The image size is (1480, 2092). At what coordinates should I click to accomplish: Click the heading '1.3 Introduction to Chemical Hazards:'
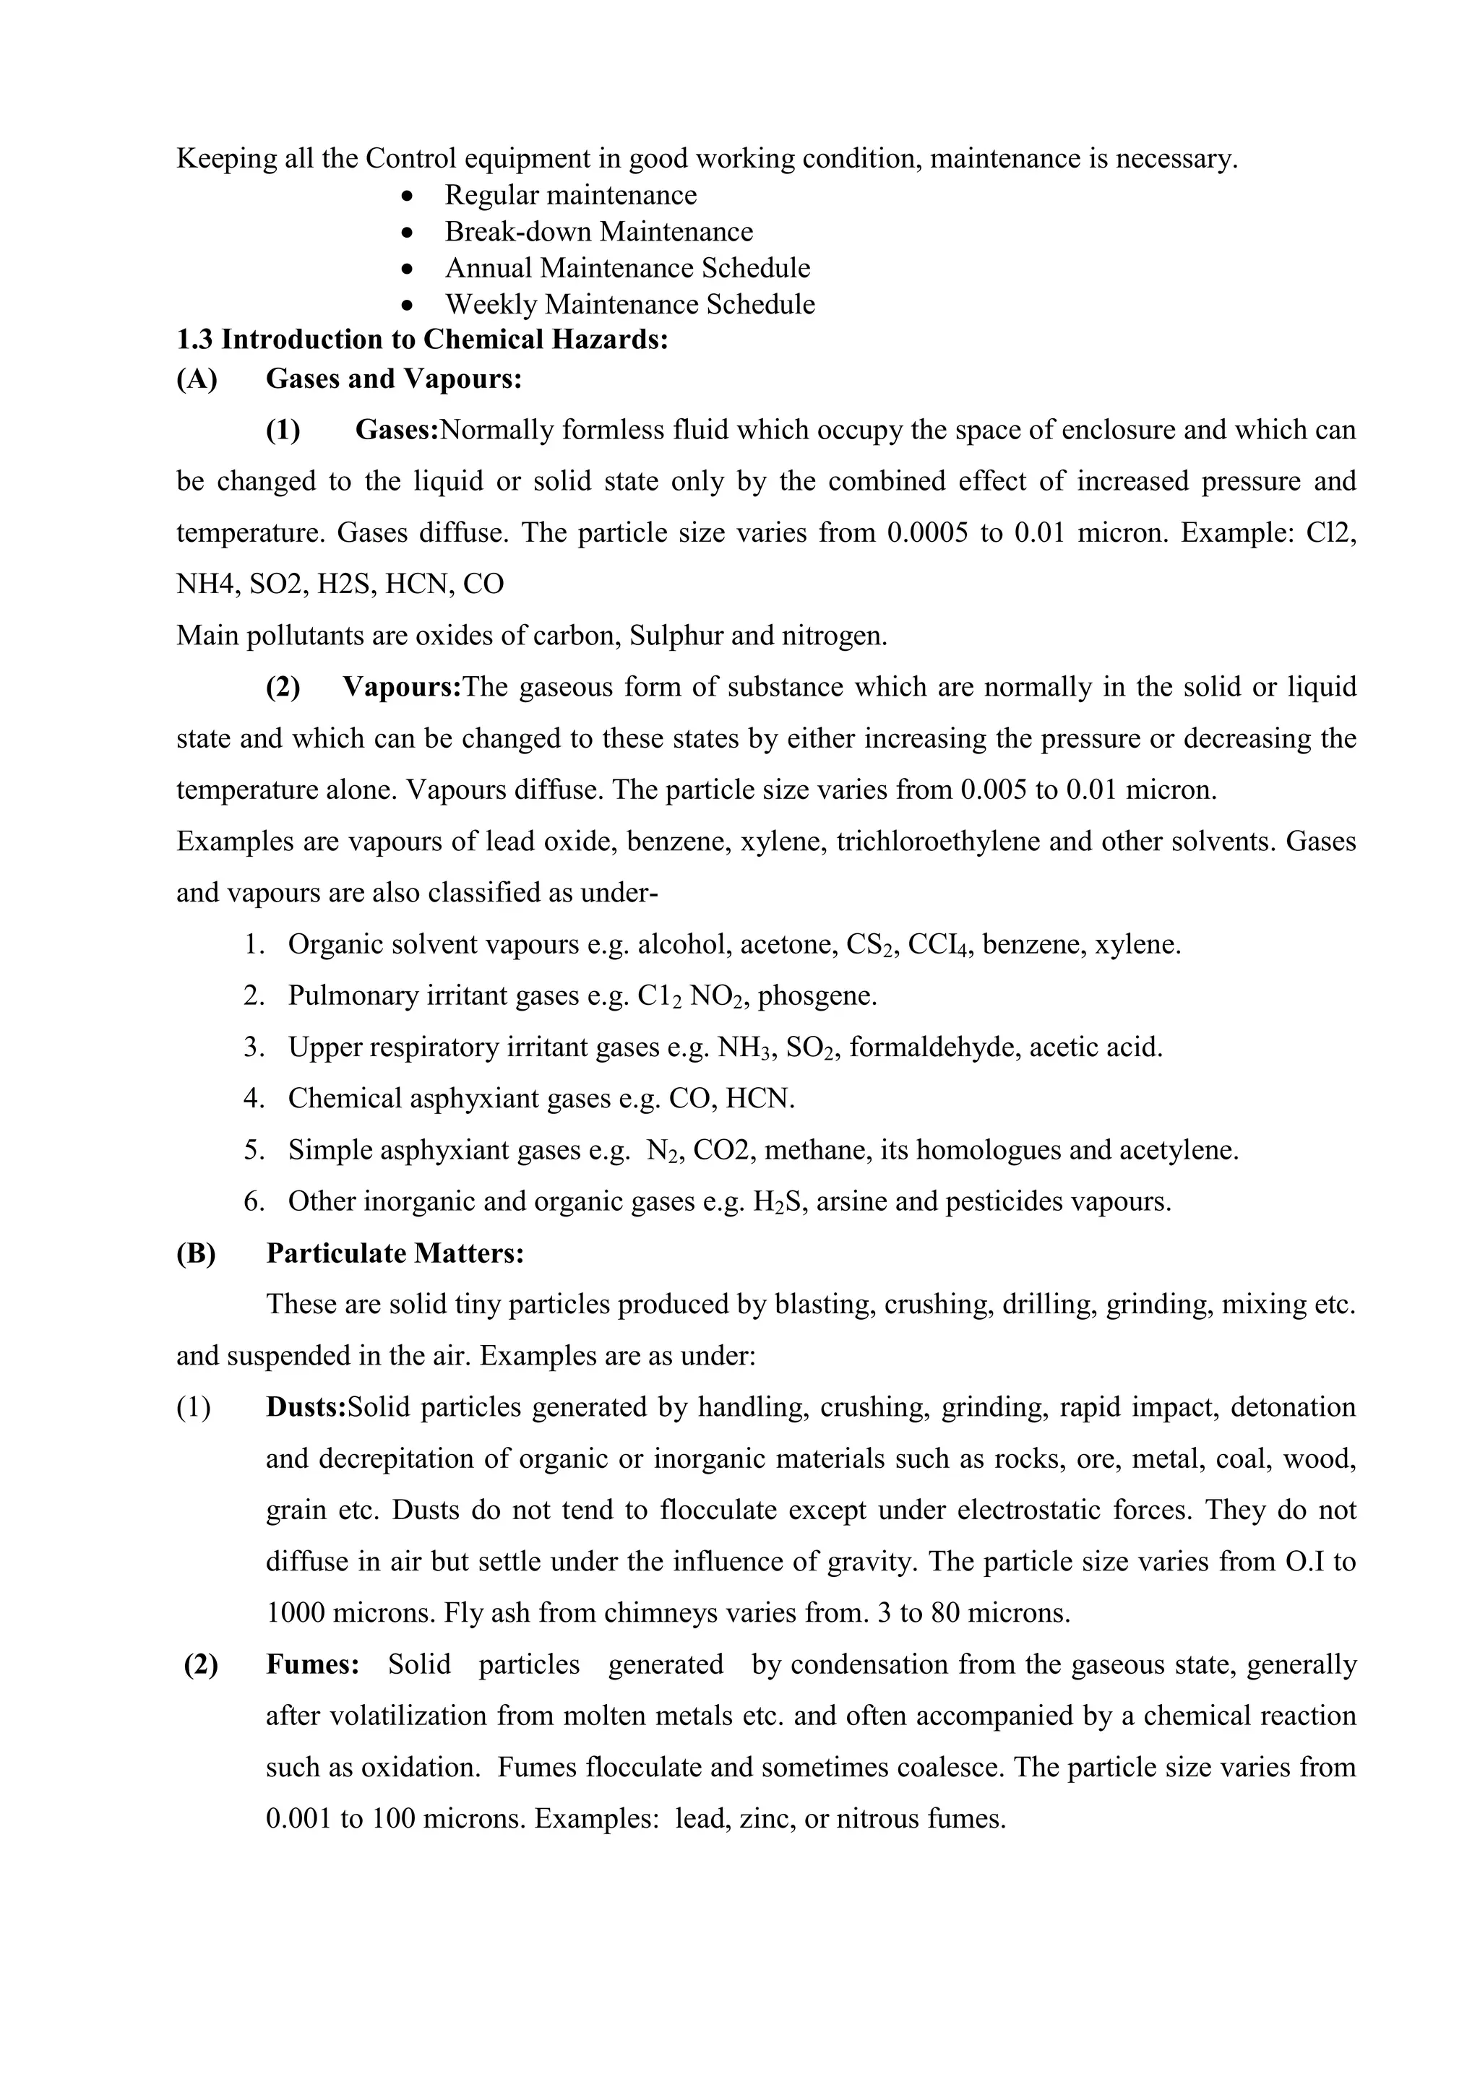(422, 340)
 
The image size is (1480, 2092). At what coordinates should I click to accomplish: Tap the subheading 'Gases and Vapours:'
(394, 379)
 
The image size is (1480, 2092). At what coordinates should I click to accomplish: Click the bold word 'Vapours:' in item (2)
(402, 687)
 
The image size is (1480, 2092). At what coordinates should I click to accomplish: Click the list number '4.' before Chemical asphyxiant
(254, 1099)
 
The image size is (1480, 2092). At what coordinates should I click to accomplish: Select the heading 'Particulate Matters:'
(395, 1254)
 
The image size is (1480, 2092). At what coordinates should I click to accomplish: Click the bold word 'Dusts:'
(305, 1408)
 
